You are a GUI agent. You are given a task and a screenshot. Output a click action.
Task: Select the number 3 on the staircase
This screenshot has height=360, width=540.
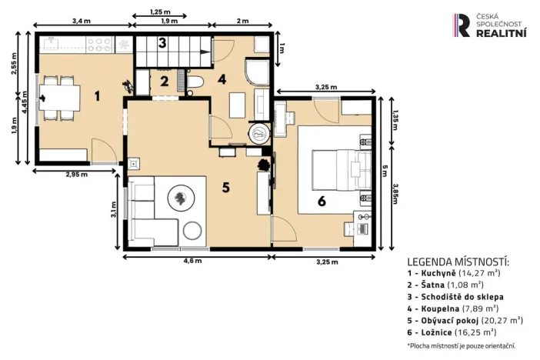162,43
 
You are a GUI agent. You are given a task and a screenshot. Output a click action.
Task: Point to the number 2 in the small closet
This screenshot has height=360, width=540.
165,81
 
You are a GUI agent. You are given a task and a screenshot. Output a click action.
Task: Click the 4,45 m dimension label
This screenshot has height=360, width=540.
25,100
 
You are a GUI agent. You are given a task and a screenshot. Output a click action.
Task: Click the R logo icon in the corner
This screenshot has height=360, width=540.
462,25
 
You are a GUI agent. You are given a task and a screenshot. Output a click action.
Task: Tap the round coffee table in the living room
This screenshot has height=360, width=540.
182,198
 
